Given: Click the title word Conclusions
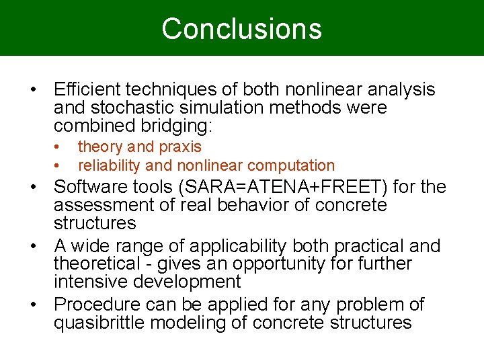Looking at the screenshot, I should [241, 29].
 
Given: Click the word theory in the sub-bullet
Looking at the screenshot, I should [100, 147].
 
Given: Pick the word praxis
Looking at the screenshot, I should [179, 147].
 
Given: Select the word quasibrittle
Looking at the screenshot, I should [99, 323].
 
